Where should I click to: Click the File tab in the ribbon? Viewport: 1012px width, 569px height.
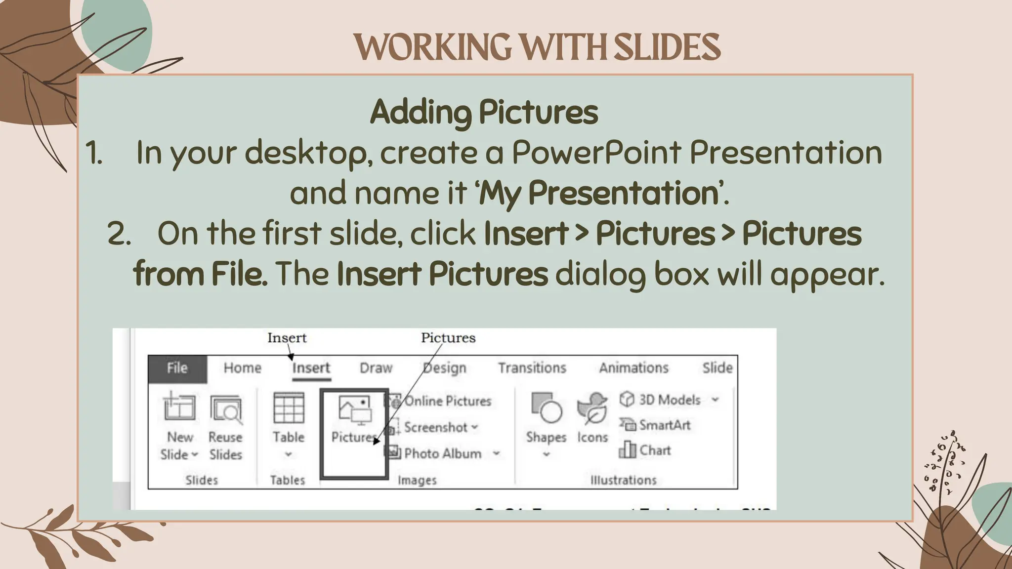click(177, 368)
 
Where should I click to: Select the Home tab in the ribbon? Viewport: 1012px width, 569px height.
click(242, 368)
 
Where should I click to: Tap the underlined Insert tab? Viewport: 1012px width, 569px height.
click(311, 368)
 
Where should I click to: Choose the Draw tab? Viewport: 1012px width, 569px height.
click(376, 368)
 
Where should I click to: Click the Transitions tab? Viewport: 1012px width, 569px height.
click(532, 368)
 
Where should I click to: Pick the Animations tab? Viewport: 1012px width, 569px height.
click(633, 368)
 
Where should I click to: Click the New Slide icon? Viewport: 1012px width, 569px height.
click(179, 408)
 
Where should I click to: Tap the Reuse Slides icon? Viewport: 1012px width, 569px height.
click(226, 409)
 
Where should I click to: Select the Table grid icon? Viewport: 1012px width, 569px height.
click(289, 408)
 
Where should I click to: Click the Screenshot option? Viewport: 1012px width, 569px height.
click(435, 427)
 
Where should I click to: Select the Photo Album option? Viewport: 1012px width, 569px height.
click(442, 453)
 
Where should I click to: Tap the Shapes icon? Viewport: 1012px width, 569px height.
click(546, 408)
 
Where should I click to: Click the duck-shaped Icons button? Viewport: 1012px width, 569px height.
click(592, 409)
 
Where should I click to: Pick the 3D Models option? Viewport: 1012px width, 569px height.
click(669, 400)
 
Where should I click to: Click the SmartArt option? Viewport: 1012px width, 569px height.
click(664, 425)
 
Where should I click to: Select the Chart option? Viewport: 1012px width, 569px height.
click(654, 450)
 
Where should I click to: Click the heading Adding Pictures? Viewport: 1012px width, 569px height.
click(484, 112)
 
